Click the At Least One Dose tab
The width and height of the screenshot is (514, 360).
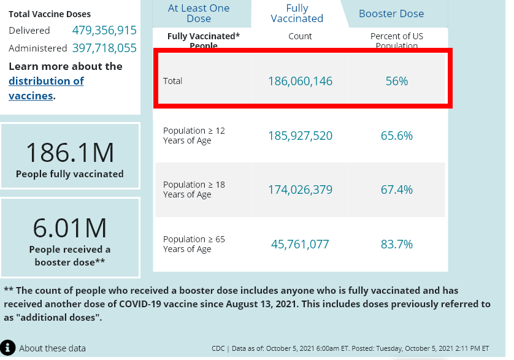[199, 13]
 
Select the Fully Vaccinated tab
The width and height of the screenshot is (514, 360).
[297, 13]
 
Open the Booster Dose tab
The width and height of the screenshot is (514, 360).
[391, 13]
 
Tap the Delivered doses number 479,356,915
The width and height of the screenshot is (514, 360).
[104, 30]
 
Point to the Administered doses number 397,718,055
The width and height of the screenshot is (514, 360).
[104, 48]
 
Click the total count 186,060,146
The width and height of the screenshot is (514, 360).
[300, 81]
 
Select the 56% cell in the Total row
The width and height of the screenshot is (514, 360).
[396, 81]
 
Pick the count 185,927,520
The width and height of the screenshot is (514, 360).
[300, 136]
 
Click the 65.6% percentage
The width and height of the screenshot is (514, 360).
[396, 136]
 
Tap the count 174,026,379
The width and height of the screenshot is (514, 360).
[300, 190]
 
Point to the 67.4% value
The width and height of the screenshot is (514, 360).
[396, 190]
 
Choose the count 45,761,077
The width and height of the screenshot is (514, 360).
[300, 244]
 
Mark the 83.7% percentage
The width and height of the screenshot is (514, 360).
[396, 244]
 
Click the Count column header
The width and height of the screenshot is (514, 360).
[300, 37]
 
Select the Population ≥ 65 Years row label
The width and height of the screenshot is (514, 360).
[194, 244]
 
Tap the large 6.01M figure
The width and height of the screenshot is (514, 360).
[69, 228]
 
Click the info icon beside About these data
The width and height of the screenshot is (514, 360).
[8, 348]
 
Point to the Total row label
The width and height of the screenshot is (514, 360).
[172, 81]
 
